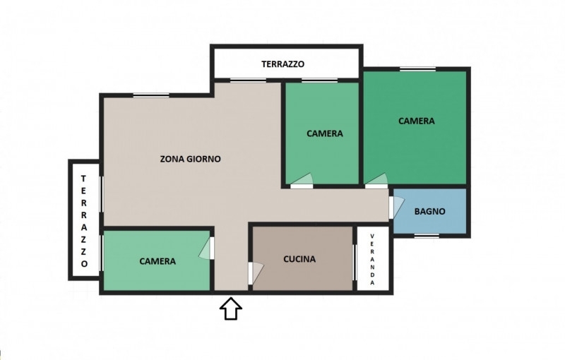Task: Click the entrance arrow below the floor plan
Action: coord(231,308)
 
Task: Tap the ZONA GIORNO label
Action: coord(190,159)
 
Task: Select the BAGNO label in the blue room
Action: coord(429,211)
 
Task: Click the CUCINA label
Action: coord(299,259)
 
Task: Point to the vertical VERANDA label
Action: coord(373,259)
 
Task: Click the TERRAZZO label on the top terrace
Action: coord(283,64)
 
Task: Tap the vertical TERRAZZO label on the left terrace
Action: coord(84,221)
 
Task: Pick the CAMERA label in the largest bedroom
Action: coord(416,121)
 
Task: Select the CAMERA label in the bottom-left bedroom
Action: coord(157,261)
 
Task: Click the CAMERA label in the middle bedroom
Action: coord(325,133)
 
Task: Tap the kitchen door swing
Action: coord(257,273)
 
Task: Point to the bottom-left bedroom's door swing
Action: coord(205,248)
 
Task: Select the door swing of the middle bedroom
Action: coord(302,179)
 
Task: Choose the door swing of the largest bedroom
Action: coord(376,179)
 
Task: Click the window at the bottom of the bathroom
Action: coord(427,236)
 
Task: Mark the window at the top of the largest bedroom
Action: coord(418,68)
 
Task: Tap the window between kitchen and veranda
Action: coord(355,262)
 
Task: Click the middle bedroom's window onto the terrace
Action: coord(320,80)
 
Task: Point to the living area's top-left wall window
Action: coord(151,95)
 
